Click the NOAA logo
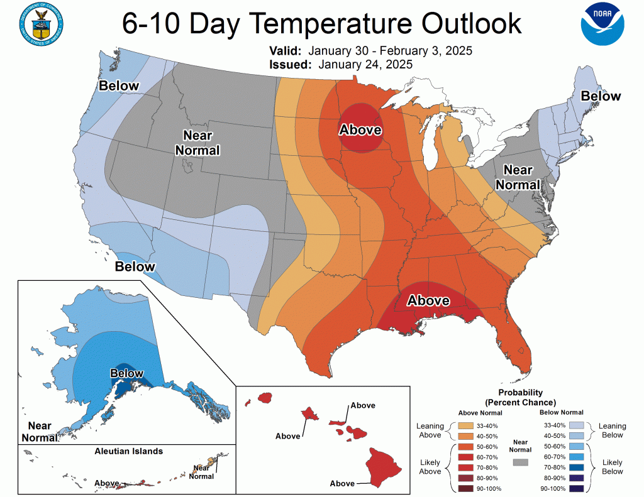pos(603,25)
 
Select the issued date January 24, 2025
pos(365,64)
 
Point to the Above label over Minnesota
pos(360,130)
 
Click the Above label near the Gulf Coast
pos(428,300)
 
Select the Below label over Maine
pos(601,96)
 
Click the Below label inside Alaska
pos(126,373)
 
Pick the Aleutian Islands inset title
pos(128,451)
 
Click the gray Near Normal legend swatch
pos(520,462)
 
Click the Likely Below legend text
pos(612,467)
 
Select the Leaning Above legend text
pos(430,430)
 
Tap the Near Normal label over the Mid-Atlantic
pos(519,177)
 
